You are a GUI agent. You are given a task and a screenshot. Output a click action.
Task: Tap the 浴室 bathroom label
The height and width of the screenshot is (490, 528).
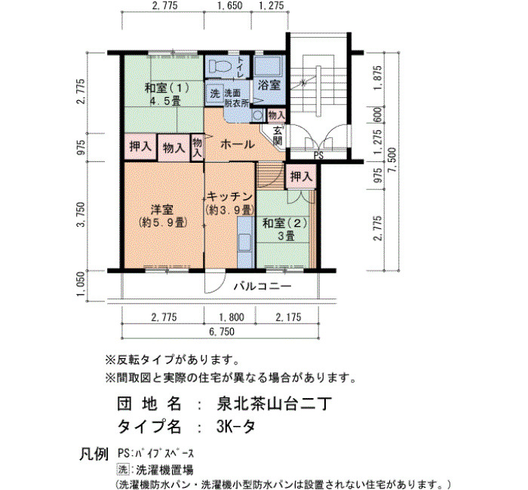coord(269,84)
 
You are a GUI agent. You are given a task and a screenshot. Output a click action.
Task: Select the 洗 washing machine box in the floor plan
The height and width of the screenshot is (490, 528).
coord(214,93)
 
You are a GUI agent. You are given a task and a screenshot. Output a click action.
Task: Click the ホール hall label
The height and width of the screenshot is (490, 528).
coord(238,145)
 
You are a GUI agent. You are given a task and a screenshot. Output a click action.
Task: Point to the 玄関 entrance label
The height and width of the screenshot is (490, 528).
coord(278,135)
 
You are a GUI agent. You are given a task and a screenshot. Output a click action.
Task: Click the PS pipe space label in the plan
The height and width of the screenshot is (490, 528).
coord(318,155)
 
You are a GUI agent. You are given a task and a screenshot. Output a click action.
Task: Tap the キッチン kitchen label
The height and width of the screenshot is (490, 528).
coord(230,196)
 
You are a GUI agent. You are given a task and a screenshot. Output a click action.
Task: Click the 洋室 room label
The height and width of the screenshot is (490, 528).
coord(162,210)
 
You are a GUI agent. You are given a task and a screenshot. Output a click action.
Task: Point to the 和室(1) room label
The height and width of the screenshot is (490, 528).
coord(167,88)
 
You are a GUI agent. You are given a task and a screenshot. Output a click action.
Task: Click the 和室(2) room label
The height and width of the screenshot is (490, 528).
coord(285,223)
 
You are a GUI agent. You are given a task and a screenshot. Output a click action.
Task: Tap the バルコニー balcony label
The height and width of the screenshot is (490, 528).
coord(262,286)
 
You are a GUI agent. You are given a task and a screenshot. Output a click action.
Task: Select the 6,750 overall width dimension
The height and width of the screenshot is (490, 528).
coord(222,332)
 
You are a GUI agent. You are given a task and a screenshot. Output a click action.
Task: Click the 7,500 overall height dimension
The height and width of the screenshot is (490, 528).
coord(392,161)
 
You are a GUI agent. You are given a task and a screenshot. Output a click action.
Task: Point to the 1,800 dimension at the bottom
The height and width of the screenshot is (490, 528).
coord(232,317)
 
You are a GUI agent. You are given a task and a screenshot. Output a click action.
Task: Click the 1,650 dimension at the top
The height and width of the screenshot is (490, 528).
coord(229,6)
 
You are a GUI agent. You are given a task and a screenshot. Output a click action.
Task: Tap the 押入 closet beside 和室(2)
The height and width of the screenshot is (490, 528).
coord(302,176)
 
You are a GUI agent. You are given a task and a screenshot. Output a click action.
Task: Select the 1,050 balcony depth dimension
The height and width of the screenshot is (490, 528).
coord(81,285)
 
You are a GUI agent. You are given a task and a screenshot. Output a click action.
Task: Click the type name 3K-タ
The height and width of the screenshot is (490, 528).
coord(236,427)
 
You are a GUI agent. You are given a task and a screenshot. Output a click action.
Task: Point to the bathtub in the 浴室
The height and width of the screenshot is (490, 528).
coord(268,66)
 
